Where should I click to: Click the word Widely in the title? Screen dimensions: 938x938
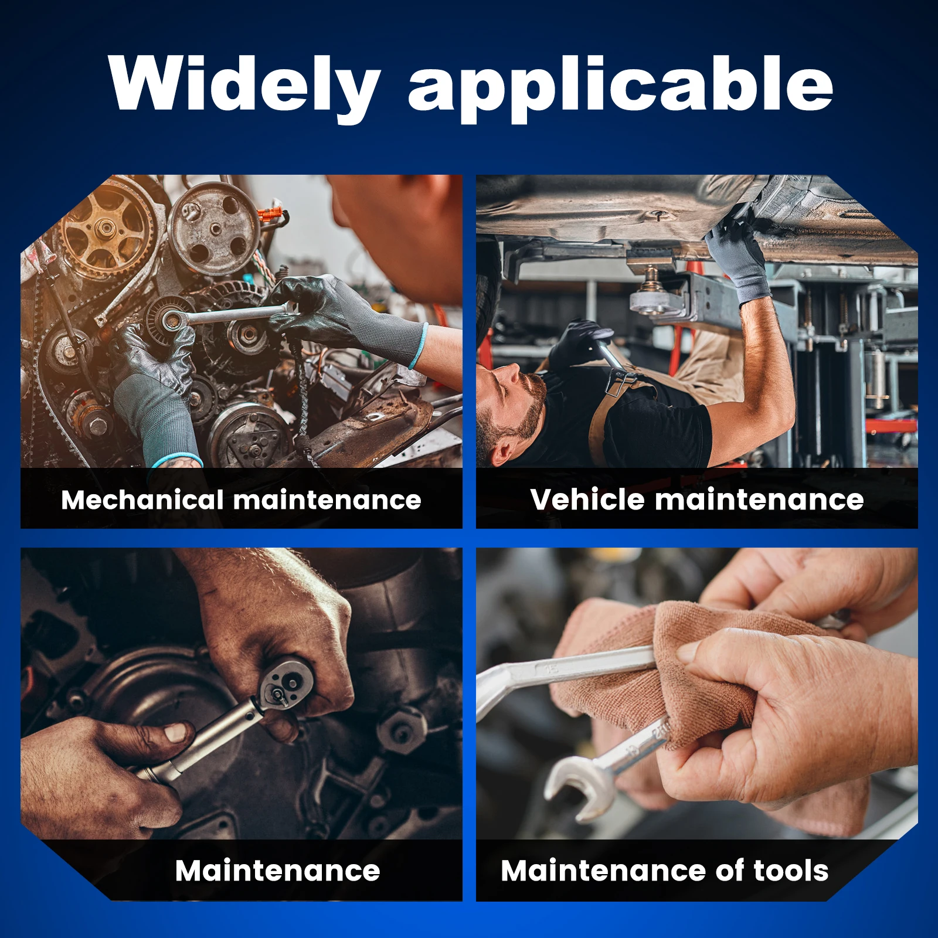[x=244, y=86]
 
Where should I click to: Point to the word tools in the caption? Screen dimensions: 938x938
[x=791, y=871]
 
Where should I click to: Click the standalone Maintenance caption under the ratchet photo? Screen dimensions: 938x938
[x=277, y=871]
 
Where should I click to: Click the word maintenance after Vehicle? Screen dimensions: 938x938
[x=759, y=499]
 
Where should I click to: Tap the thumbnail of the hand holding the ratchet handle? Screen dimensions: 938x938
[x=176, y=732]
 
